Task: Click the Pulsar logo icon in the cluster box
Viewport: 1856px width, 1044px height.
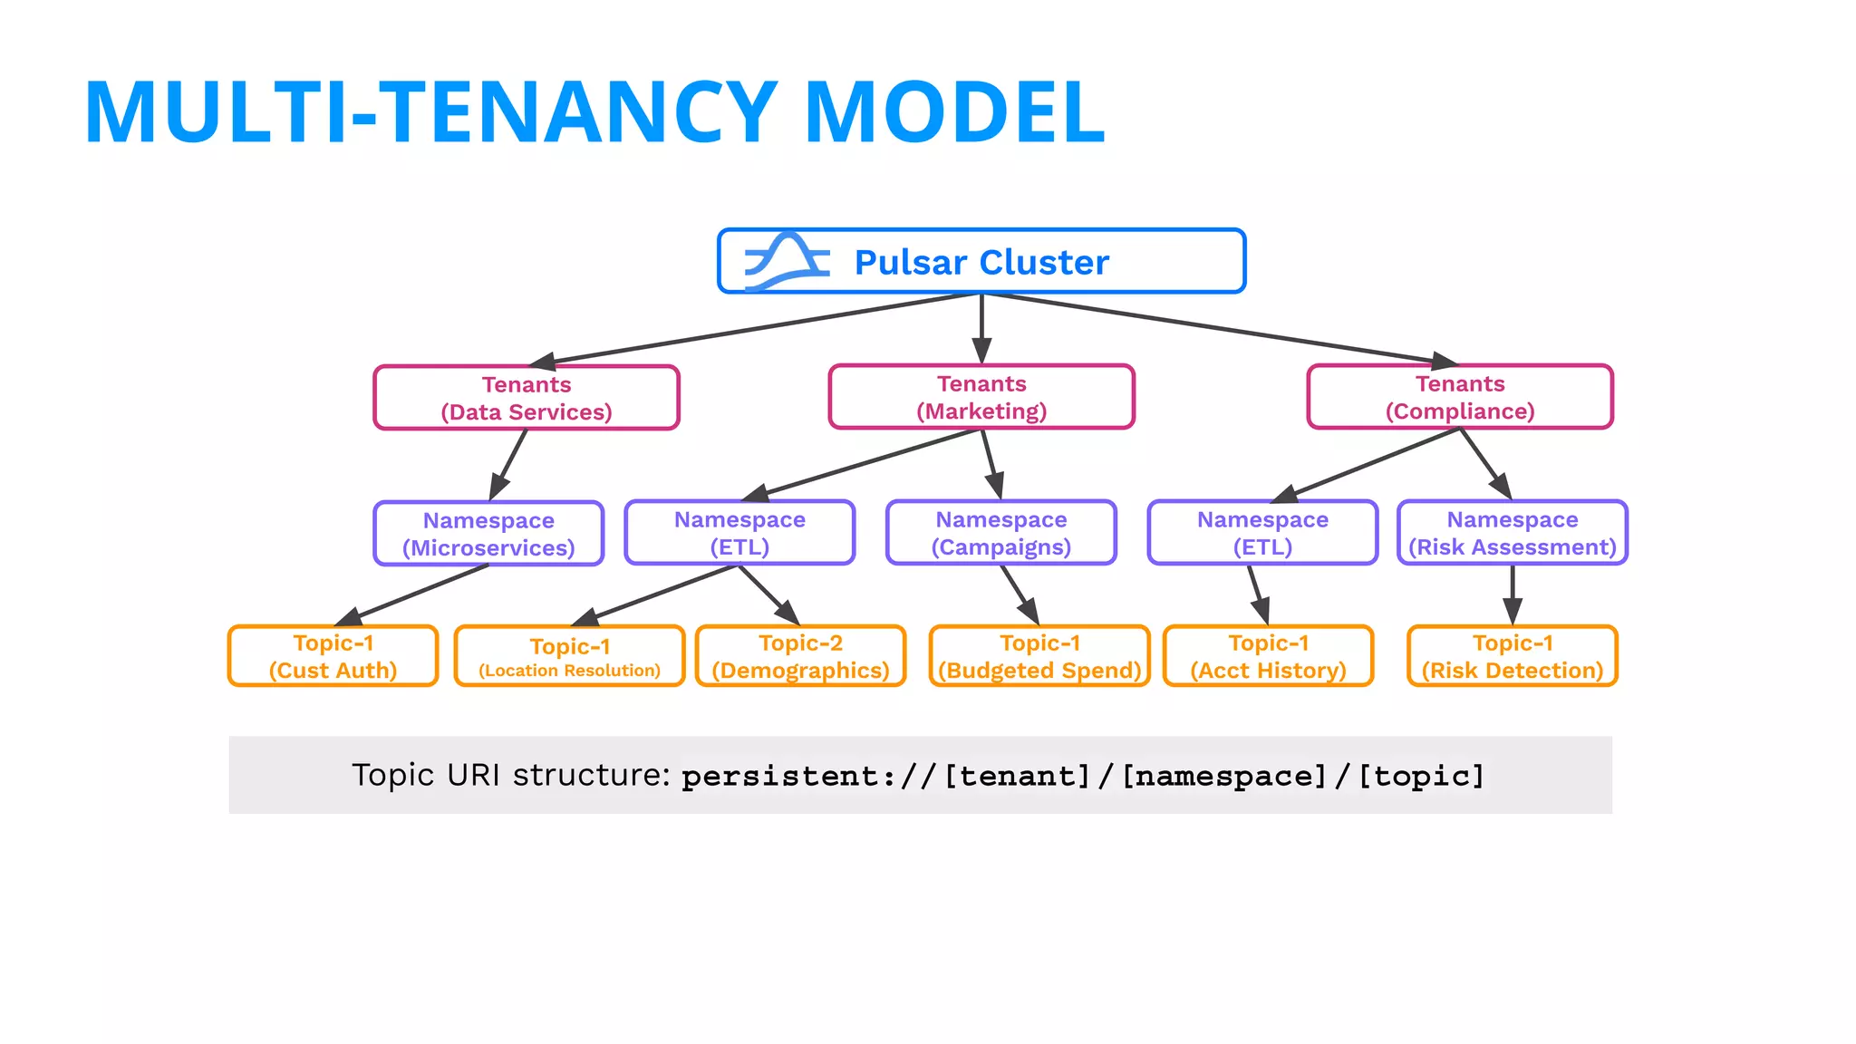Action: [x=787, y=262]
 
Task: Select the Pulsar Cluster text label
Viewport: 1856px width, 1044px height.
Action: [x=981, y=263]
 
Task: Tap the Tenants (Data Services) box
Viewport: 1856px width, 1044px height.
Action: [x=527, y=398]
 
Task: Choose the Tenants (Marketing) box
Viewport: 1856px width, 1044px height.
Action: [x=981, y=397]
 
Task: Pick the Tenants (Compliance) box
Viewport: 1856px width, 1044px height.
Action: [x=1460, y=397]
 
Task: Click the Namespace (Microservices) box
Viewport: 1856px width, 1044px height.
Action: [x=488, y=534]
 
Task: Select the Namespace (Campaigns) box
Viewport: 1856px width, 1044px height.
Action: [x=1001, y=533]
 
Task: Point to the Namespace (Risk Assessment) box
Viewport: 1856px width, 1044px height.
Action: [x=1513, y=533]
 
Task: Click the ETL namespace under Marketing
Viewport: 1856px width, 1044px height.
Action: [x=739, y=533]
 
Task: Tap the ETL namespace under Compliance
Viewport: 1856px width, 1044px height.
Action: [x=1262, y=533]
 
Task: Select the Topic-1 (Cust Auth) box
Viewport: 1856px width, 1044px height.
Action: [x=333, y=656]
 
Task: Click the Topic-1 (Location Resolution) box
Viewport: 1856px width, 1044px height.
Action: [x=569, y=656]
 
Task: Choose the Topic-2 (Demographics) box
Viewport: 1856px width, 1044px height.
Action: [x=800, y=656]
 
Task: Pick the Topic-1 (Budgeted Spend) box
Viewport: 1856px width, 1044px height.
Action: [x=1039, y=656]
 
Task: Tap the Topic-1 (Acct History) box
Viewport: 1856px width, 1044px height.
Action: [x=1268, y=656]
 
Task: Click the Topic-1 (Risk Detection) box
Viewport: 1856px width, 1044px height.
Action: [x=1513, y=656]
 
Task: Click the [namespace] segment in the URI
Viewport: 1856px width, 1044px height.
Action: [x=1224, y=776]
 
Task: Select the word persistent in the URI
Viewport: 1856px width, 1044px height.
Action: [x=780, y=777]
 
